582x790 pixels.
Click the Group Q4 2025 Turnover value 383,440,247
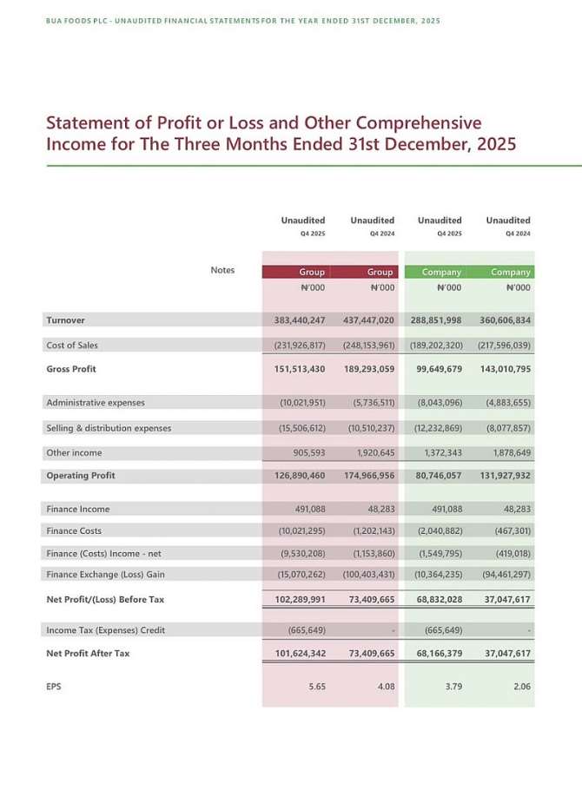pyautogui.click(x=294, y=320)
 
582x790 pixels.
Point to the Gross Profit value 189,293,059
pyautogui.click(x=365, y=369)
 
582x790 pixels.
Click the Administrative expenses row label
pyautogui.click(x=96, y=403)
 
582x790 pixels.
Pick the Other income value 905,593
pyautogui.click(x=305, y=453)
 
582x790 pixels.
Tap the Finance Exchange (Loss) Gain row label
pyautogui.click(x=105, y=575)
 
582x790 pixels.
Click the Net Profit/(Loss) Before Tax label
pyautogui.click(x=104, y=600)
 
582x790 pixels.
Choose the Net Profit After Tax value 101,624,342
pyautogui.click(x=294, y=654)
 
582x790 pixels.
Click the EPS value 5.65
pyautogui.click(x=317, y=687)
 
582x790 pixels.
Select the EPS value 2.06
pyautogui.click(x=522, y=687)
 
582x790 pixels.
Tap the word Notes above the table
pyautogui.click(x=222, y=270)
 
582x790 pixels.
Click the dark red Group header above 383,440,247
pyautogui.click(x=312, y=272)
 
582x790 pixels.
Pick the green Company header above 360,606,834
pyautogui.click(x=511, y=272)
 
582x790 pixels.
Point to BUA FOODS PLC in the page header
pyautogui.click(x=73, y=20)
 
